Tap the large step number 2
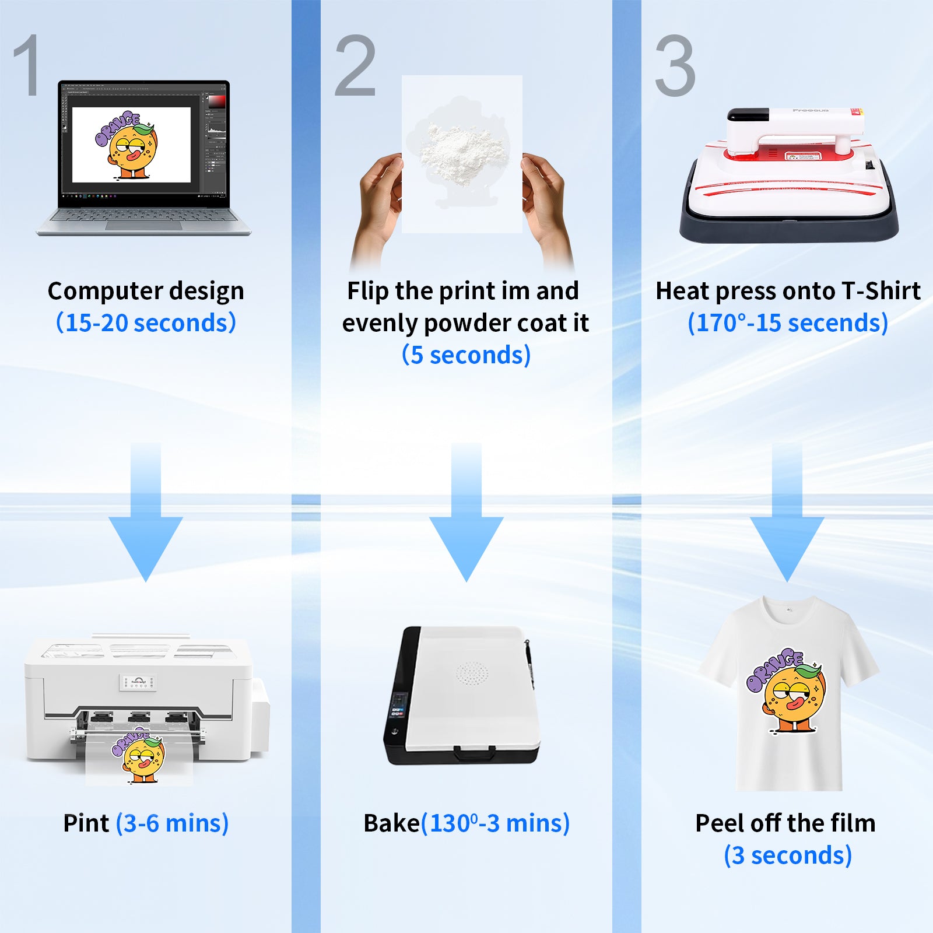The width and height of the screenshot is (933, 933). coord(355,65)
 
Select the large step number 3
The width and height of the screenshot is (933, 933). coord(675,65)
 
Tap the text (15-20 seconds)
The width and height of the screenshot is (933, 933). coord(146,322)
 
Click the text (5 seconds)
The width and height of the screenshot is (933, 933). coord(466,355)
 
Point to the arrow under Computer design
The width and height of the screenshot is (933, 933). coord(146,512)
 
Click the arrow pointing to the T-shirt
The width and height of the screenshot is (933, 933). coord(787,512)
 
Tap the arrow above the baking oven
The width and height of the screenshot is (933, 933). coord(466,512)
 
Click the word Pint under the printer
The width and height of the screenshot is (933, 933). coord(86,823)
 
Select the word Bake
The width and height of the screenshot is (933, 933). coord(391,823)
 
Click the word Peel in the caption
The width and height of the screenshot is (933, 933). coord(720,823)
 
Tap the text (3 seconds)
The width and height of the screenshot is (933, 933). coord(788,855)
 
